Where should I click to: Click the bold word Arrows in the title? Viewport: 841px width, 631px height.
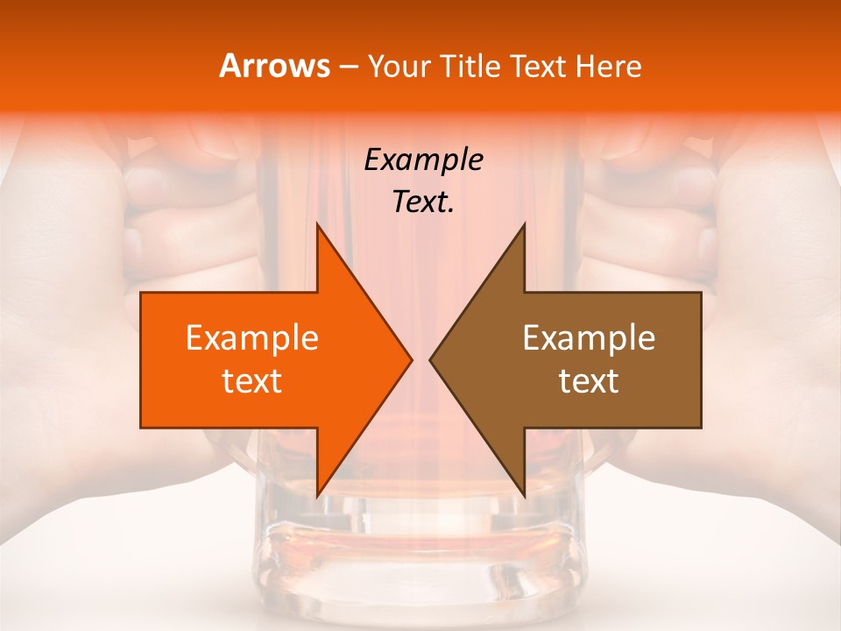pos(274,66)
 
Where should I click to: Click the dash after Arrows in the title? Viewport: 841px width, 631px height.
pos(347,67)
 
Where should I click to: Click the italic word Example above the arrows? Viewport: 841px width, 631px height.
pos(423,160)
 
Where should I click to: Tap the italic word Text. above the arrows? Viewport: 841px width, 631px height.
pos(423,202)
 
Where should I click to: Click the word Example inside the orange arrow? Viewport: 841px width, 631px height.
pos(252,338)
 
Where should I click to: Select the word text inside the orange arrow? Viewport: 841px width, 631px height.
pos(252,381)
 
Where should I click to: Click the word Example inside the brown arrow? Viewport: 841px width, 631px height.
pos(589,338)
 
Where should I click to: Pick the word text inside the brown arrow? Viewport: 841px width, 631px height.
pos(589,381)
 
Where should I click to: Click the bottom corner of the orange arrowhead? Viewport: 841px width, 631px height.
pos(318,495)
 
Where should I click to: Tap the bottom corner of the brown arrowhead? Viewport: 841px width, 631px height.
pos(524,495)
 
